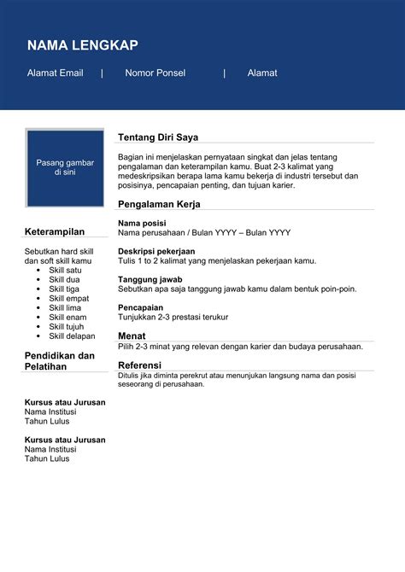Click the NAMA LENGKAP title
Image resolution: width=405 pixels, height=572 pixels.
coord(82,45)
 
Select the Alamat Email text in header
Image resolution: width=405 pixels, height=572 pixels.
coord(55,73)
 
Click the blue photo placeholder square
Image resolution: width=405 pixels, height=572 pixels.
coord(65,167)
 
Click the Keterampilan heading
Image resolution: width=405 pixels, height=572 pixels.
coord(55,231)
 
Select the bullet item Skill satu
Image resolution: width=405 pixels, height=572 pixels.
coord(65,270)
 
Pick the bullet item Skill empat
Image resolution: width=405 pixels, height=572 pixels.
coord(68,298)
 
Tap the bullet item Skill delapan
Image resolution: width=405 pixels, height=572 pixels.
coord(72,336)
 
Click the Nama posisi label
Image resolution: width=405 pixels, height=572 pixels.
coord(142,223)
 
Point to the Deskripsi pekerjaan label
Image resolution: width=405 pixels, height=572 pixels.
coord(156,251)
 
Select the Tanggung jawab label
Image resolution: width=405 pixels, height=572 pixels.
coord(149,279)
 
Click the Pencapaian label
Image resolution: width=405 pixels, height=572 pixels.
coord(141,307)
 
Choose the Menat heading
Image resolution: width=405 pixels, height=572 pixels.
coord(132,336)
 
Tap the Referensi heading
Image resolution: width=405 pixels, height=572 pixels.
coord(139,365)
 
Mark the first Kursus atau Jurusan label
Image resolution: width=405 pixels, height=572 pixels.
coord(65,402)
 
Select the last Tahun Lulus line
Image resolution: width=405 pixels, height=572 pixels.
coord(47,458)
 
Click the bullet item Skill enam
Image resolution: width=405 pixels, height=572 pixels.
coord(67,317)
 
